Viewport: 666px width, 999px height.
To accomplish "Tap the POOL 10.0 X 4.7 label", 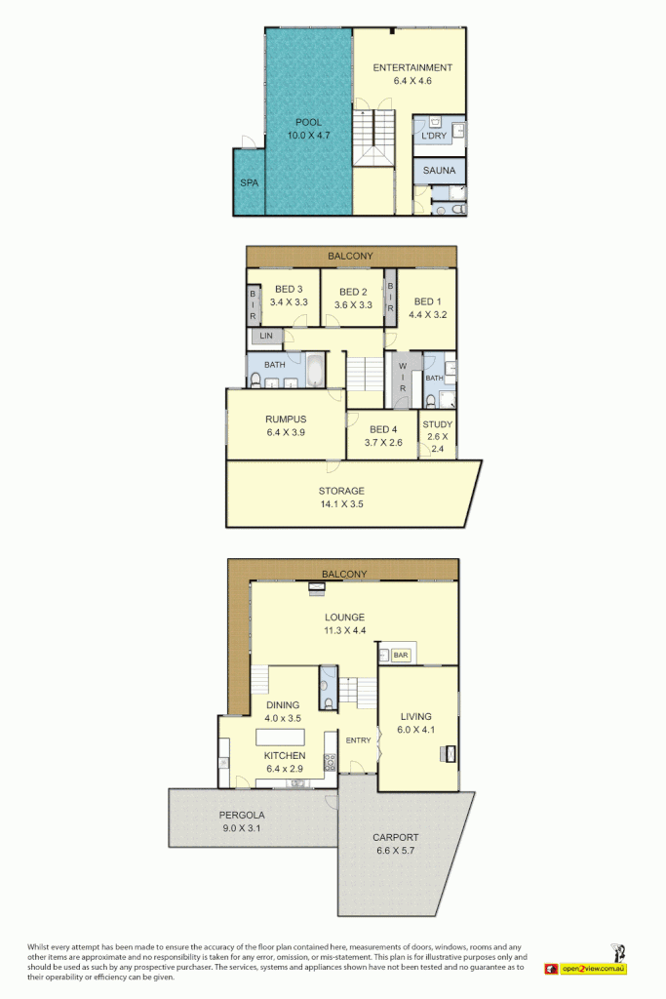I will (308, 123).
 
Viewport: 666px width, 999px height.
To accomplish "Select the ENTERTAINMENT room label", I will (412, 68).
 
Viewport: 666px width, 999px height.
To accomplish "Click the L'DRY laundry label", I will (433, 138).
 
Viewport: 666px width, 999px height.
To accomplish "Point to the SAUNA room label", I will (439, 171).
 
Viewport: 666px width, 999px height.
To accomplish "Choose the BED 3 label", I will (290, 290).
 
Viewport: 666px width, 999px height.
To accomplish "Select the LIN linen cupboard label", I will (265, 337).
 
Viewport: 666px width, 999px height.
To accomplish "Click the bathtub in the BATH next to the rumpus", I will (318, 372).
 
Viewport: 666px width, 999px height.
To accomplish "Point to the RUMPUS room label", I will (285, 420).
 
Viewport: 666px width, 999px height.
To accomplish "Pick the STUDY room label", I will (437, 424).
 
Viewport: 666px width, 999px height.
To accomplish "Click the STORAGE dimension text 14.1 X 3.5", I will (341, 504).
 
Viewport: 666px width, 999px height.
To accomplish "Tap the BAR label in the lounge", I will (401, 655).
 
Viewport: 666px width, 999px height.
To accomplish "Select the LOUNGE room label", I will (345, 618).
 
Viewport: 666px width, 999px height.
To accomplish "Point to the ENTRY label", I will (359, 740).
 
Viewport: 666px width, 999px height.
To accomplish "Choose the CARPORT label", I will (396, 837).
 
